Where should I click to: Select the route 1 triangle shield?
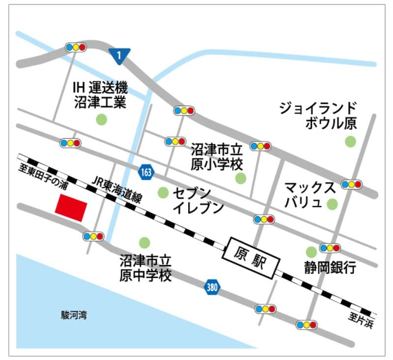coord(119,56)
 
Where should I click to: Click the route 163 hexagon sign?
coord(145,172)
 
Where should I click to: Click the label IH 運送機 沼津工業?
coord(100,95)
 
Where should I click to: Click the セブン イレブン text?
coord(198,200)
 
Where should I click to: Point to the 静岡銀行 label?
coord(329,267)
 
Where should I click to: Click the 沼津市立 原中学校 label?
coord(146,267)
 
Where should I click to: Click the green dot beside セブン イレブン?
coord(163,192)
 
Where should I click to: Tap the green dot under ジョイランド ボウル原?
coord(350,142)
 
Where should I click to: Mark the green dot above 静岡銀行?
coord(311,251)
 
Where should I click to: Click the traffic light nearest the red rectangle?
coord(93,236)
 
